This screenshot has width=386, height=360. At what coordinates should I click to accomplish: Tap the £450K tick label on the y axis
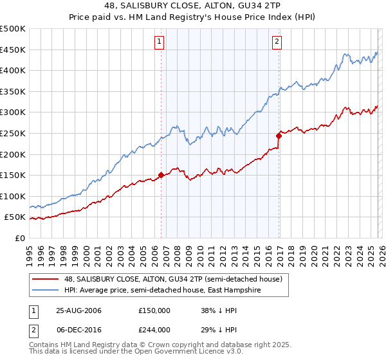click(x=13, y=50)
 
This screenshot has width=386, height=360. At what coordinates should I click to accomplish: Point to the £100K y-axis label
click(x=13, y=196)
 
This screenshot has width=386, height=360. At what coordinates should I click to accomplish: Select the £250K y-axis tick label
click(x=13, y=133)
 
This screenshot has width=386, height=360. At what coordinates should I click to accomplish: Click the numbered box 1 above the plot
click(x=159, y=42)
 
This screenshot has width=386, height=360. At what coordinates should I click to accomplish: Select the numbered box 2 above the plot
click(x=277, y=42)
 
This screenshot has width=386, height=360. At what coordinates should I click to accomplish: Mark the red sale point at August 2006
click(x=161, y=175)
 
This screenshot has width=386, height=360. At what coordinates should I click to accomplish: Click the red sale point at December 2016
click(x=279, y=136)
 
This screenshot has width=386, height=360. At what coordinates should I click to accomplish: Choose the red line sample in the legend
click(x=46, y=279)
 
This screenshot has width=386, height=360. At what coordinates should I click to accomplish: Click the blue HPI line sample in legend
click(x=46, y=290)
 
